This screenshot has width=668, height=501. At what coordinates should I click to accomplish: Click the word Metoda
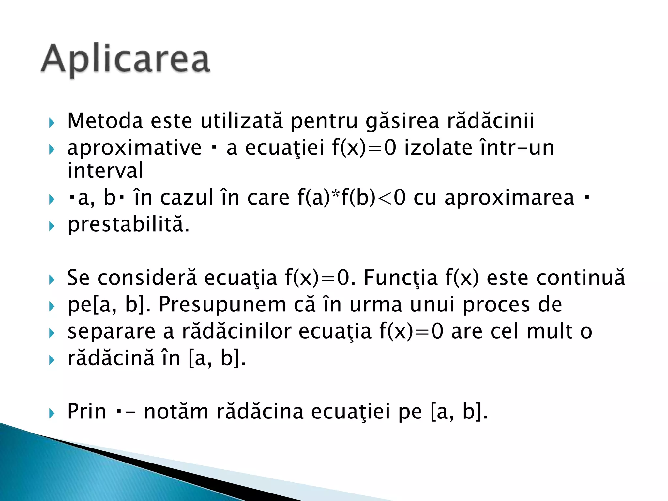105,121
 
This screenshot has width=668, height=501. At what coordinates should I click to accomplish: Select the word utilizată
241,121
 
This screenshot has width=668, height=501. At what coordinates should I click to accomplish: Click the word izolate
438,148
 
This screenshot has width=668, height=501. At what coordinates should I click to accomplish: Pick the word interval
105,171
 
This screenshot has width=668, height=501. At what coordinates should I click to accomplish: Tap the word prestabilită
128,225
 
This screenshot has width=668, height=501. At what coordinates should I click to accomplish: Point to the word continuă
581,278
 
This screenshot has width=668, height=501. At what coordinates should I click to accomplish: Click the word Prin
86,412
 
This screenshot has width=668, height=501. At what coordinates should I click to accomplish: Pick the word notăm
176,412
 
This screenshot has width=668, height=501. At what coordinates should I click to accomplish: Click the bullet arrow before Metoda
52,123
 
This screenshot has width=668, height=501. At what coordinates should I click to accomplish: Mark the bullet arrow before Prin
52,414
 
